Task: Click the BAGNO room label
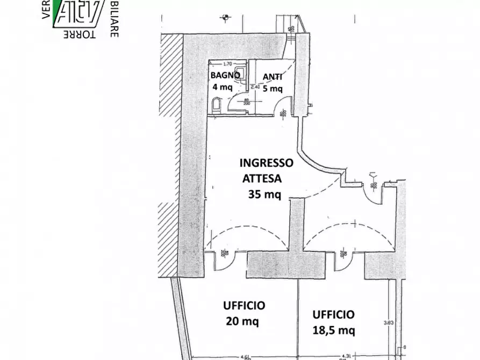(x=224, y=75)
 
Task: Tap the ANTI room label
(x=272, y=76)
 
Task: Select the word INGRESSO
(x=266, y=162)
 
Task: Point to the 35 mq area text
(x=264, y=195)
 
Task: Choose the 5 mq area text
(x=272, y=88)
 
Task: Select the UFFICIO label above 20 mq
(x=243, y=306)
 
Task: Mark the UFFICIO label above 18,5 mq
(x=333, y=314)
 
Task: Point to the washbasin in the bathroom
(x=242, y=73)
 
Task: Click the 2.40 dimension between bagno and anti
(x=255, y=87)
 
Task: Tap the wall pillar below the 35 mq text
(x=296, y=226)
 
